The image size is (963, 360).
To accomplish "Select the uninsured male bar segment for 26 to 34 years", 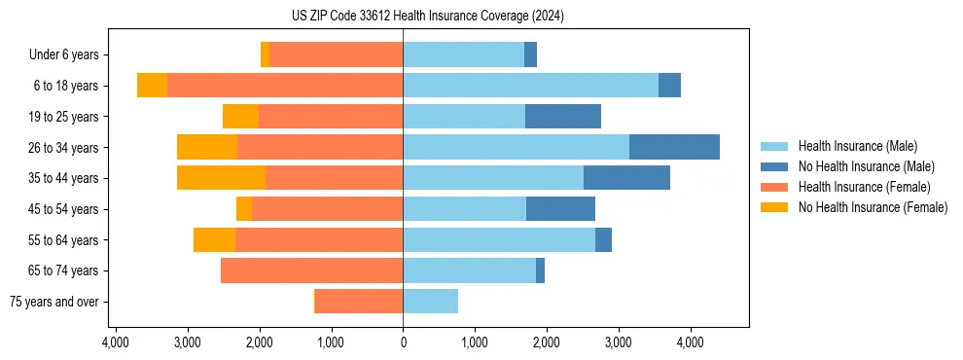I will (674, 147).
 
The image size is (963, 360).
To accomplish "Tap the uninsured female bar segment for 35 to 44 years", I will (221, 178).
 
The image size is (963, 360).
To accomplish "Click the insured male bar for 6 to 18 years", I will (530, 86).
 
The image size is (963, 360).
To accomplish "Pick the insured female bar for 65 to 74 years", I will (311, 270).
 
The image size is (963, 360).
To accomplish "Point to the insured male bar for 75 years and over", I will (430, 302).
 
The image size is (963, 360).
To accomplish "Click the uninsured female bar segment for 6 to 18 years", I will (152, 86).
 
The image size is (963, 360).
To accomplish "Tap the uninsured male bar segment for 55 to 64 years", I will (603, 239).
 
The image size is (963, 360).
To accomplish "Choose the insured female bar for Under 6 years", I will (336, 54).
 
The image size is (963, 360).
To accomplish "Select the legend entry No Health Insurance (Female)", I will (873, 207).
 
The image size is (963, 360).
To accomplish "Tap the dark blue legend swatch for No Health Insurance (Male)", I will (774, 166).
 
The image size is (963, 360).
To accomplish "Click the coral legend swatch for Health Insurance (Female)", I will (774, 187).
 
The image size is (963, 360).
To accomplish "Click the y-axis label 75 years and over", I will (54, 302).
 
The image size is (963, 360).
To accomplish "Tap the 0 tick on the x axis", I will (403, 343).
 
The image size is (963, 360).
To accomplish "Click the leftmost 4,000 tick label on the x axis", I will (115, 343).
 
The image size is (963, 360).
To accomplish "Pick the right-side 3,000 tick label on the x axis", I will (618, 343).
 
